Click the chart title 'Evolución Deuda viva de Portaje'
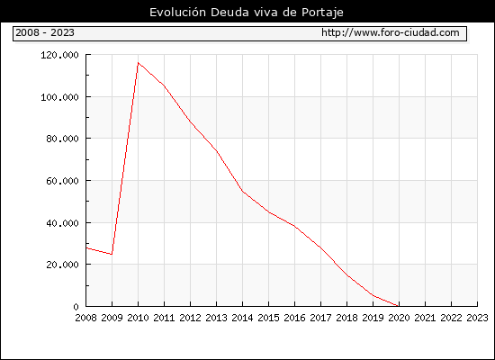[247, 13]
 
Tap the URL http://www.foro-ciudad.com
[391, 32]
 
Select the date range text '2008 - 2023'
[45, 32]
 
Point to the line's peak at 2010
[139, 62]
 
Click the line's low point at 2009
[112, 254]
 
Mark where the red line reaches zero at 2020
[399, 306]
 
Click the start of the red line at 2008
[86, 247]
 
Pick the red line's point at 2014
[242, 191]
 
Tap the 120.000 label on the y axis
[59, 55]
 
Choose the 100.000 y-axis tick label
[59, 97]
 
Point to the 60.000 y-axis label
[62, 181]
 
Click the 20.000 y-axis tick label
[62, 265]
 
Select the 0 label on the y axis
[76, 307]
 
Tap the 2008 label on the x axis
[85, 318]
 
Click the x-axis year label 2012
[191, 318]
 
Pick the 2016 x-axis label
[294, 318]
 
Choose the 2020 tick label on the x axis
[399, 318]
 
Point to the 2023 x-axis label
[477, 318]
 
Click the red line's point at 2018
[346, 275]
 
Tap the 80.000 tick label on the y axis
[62, 139]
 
